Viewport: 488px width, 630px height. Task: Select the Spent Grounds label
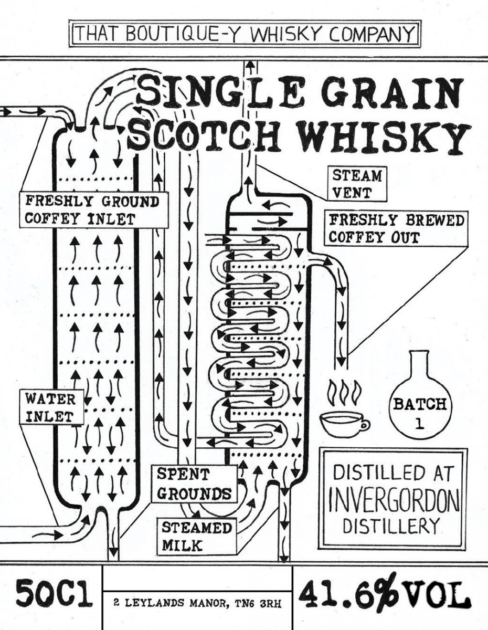point(194,482)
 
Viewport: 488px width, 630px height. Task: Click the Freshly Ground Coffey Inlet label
point(94,209)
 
